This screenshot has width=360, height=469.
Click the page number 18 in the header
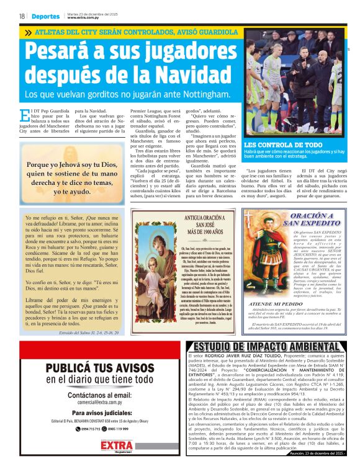click(x=22, y=17)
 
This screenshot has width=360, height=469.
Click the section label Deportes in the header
click(x=46, y=17)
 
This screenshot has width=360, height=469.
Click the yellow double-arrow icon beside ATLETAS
click(x=28, y=32)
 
